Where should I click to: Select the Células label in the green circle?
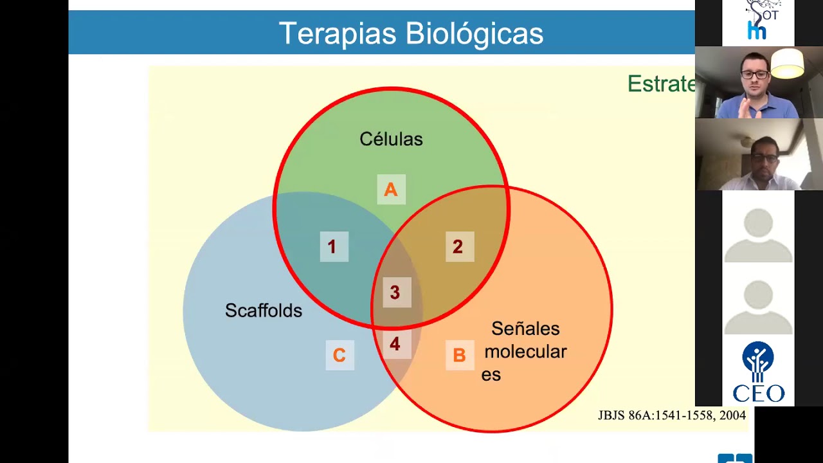391,139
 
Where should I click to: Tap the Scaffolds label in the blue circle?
264,311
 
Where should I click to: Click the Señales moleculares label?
525,351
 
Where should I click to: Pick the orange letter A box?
391,190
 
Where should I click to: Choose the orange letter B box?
459,355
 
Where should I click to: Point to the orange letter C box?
339,355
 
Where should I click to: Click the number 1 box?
332,247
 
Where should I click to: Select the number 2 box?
458,247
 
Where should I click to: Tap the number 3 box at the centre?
395,293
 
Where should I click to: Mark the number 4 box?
395,344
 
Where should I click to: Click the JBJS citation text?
672,415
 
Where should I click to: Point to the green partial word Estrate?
661,84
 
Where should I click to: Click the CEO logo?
759,372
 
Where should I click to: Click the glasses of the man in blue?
754,75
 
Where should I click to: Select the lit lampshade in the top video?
788,63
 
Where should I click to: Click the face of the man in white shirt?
764,158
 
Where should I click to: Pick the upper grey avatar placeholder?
759,234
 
